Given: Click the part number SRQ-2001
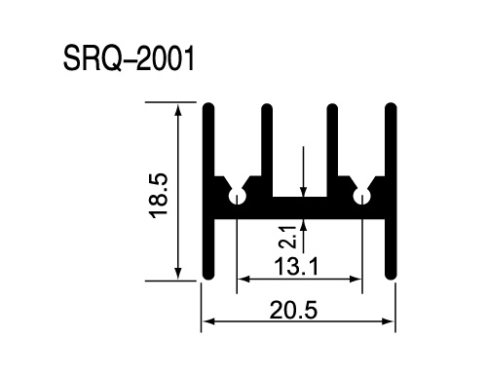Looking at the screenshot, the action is click(129, 58).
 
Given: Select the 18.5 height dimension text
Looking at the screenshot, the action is click(158, 196).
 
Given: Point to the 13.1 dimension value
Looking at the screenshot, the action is click(296, 266).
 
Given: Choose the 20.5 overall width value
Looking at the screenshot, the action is click(293, 310).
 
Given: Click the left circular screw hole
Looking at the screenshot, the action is click(238, 196).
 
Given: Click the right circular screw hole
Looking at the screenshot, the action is click(362, 196).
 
